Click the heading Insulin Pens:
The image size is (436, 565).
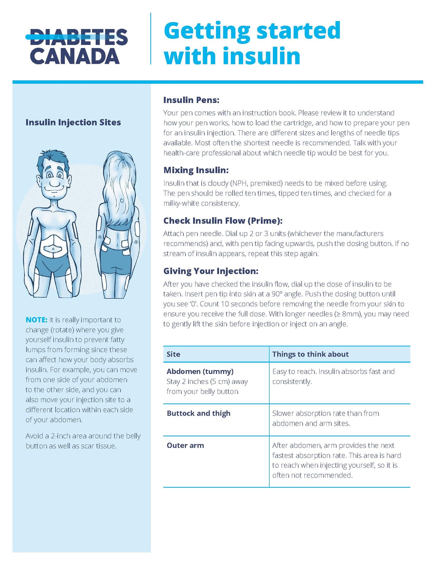coord(191,100)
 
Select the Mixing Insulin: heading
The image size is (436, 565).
coord(196,170)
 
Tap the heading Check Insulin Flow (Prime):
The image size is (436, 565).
coord(223,221)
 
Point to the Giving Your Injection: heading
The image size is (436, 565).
coord(211,271)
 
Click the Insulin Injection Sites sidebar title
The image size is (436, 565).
coord(73,122)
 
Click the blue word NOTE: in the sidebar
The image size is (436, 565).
coord(36,320)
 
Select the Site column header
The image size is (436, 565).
coord(173,354)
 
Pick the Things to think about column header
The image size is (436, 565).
coord(310,354)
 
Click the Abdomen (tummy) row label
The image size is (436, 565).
coord(200,371)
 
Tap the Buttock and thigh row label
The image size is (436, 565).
coord(199,413)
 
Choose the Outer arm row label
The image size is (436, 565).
coord(185,445)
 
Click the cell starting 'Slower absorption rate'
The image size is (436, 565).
coord(325,418)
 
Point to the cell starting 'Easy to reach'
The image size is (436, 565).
coord(333,376)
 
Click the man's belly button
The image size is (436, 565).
coord(53,249)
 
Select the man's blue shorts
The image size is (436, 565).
coord(53,266)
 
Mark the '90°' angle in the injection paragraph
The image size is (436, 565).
coord(280,294)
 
